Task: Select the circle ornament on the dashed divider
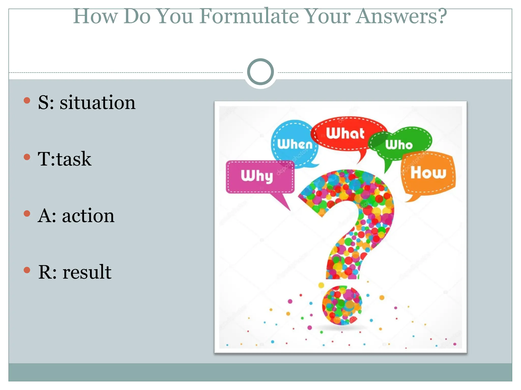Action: (260, 72)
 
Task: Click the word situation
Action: (97, 103)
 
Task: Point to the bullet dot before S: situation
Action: (27, 101)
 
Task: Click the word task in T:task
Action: (74, 159)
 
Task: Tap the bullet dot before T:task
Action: (27, 157)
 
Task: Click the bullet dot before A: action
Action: (27, 214)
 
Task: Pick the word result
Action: (87, 272)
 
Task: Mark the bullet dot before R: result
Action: (27, 270)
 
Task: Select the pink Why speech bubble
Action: (259, 176)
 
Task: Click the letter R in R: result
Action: (45, 272)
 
